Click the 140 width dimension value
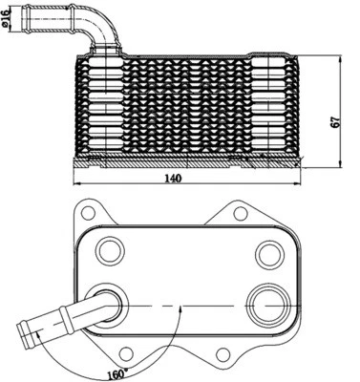pyautogui.click(x=174, y=178)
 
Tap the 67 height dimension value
pyautogui.click(x=335, y=122)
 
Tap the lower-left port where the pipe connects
pyautogui.click(x=108, y=307)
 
